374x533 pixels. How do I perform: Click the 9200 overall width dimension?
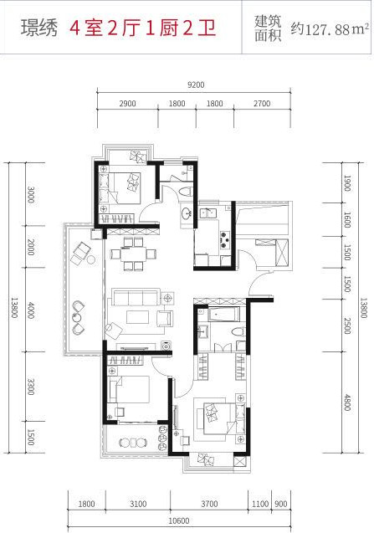tap(196, 85)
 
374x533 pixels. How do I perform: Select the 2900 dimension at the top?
tap(127, 104)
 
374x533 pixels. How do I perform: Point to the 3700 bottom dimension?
tap(209, 504)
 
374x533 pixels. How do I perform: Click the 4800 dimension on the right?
tap(347, 402)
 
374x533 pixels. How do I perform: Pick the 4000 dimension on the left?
tap(31, 310)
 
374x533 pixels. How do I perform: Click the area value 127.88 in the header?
tap(328, 30)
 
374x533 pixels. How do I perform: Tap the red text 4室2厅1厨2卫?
tap(143, 28)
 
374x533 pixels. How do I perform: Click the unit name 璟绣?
tap(38, 28)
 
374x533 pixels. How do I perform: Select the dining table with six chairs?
tap(133, 254)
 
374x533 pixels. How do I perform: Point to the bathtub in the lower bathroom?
tap(223, 314)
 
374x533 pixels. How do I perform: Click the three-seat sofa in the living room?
tap(136, 297)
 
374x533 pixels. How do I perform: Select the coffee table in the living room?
tap(138, 317)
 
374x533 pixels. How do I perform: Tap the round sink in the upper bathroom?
tap(186, 214)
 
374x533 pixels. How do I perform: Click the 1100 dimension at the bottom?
tap(260, 504)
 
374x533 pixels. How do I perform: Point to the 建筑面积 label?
tap(268, 28)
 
